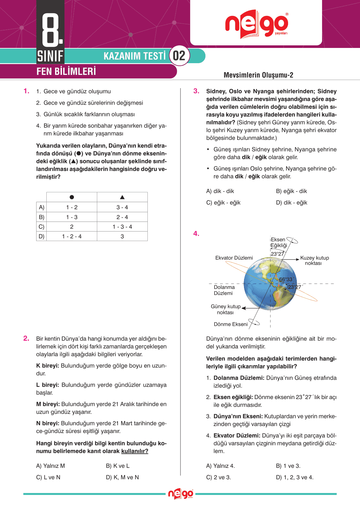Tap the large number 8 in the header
(51, 30)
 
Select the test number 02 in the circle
(179, 56)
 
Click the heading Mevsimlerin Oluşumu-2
(258, 75)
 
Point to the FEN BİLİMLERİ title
(66, 71)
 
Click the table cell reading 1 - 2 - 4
(72, 236)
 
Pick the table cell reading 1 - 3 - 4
(122, 227)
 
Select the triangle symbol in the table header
(122, 197)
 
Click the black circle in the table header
(72, 197)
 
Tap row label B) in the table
(41, 217)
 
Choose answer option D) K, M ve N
(122, 477)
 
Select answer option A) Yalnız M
(51, 466)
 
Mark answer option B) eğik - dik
(291, 191)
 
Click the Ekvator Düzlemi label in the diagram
(234, 258)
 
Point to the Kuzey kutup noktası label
(314, 260)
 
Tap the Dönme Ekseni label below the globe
(231, 324)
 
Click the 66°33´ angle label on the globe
(286, 279)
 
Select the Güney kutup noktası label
(226, 309)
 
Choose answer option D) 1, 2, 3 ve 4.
(295, 477)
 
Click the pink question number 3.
(196, 91)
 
